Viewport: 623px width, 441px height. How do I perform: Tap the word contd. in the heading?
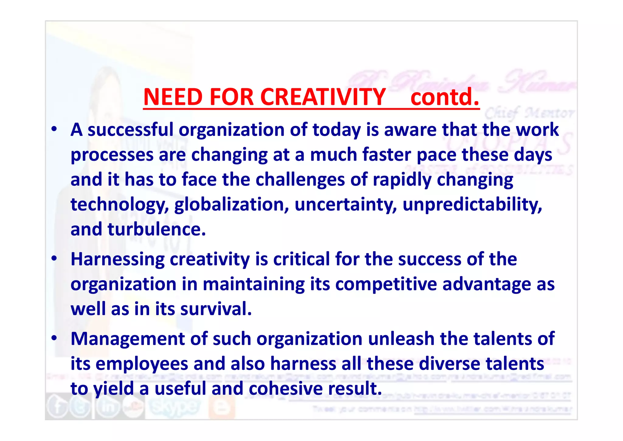445,97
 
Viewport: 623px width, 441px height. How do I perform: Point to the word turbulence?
157,229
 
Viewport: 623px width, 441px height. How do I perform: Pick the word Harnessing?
117,259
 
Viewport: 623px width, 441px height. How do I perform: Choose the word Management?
127,339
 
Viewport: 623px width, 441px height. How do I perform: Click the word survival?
216,309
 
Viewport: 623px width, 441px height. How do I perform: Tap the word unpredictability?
472,204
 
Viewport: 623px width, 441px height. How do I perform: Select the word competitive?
386,284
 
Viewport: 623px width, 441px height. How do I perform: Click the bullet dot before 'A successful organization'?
54,129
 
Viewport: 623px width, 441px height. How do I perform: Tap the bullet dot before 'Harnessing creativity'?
54,259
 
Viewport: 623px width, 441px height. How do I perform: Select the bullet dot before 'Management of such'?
54,338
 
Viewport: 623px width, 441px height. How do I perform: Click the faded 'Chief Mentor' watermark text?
529,113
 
